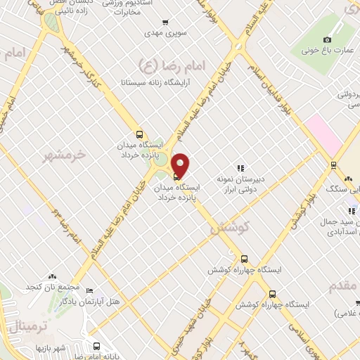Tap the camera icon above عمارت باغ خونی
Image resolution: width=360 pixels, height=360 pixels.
(x=326, y=39)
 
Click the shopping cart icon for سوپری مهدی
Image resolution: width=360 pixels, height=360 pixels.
(x=165, y=22)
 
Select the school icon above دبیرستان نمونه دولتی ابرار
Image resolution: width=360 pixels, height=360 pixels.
(x=240, y=167)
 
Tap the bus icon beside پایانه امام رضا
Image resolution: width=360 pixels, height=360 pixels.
(x=96, y=346)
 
